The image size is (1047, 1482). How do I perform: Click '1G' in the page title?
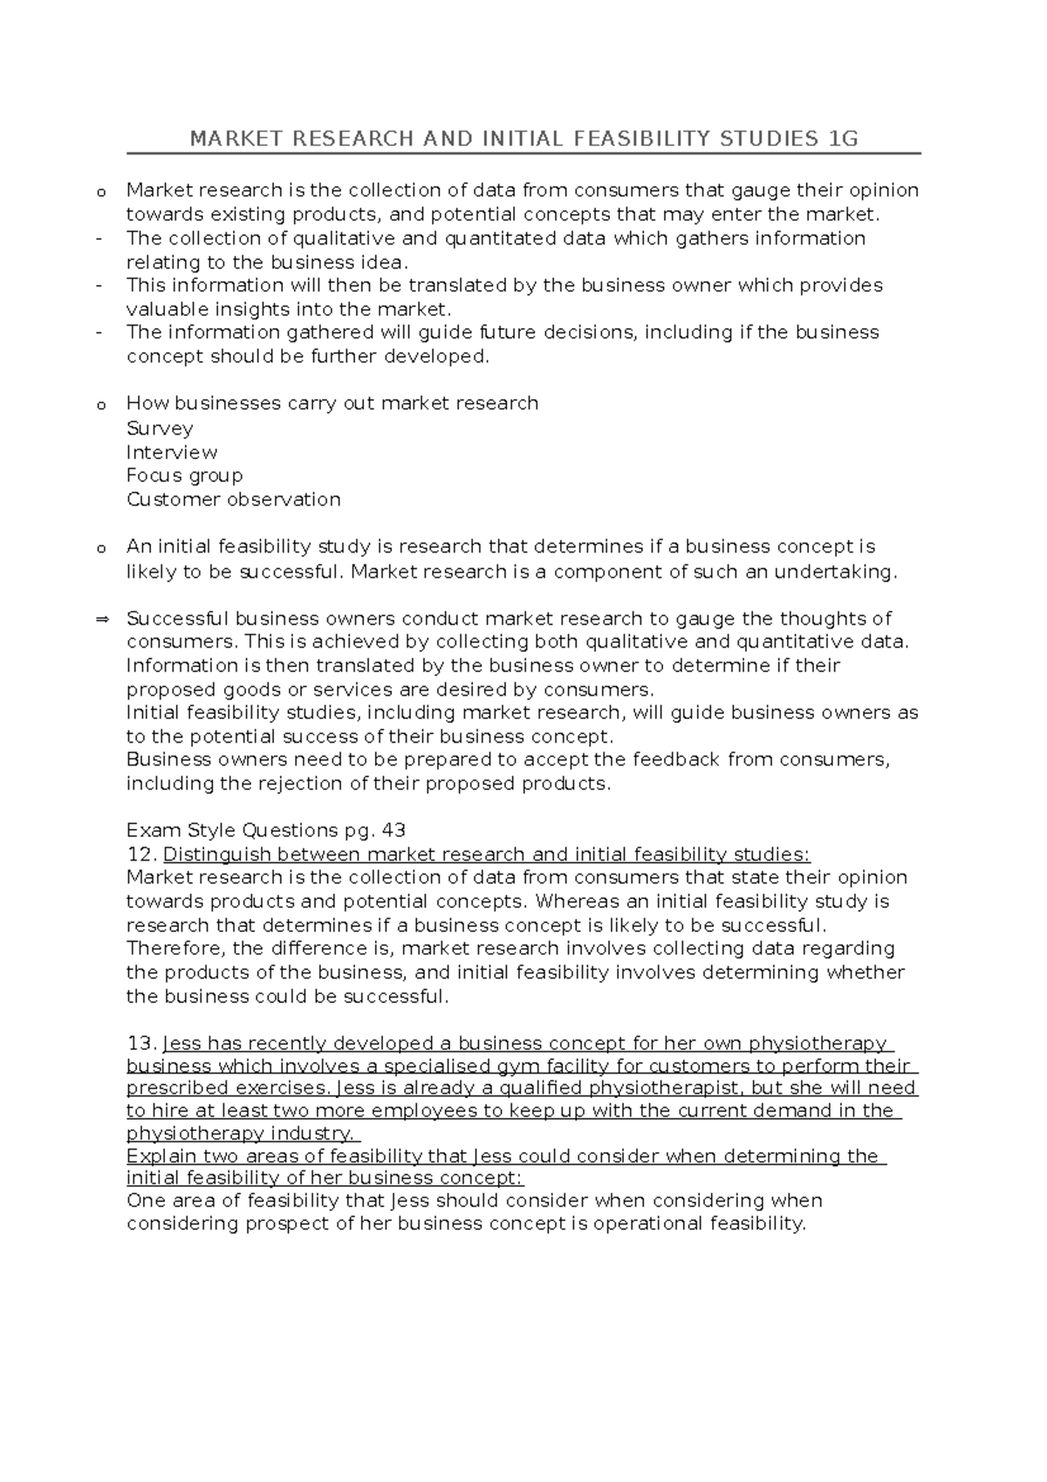click(845, 139)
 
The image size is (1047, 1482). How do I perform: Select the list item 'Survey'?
click(160, 429)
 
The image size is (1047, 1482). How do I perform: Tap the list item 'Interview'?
click(172, 452)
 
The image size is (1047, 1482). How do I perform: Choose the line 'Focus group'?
click(184, 476)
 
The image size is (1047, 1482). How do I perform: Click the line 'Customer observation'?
click(233, 499)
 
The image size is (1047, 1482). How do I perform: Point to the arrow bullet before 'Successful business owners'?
click(101, 620)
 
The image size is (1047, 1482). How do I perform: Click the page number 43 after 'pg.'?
click(393, 830)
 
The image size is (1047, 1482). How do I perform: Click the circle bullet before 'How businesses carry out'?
click(100, 405)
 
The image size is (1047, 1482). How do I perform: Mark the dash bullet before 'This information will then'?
click(100, 285)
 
